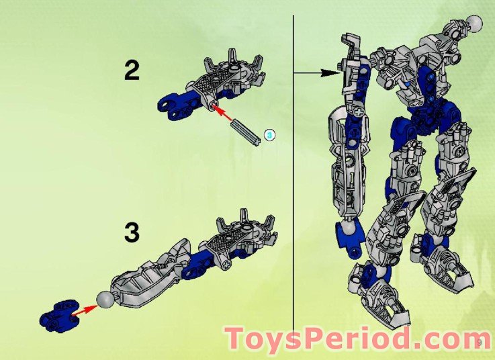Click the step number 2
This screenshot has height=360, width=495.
point(132,70)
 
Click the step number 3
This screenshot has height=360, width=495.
point(132,232)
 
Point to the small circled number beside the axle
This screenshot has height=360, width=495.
point(269,135)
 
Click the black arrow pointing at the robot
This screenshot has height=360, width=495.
point(316,71)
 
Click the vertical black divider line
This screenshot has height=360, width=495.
point(294,168)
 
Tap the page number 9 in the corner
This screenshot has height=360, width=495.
point(480,343)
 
